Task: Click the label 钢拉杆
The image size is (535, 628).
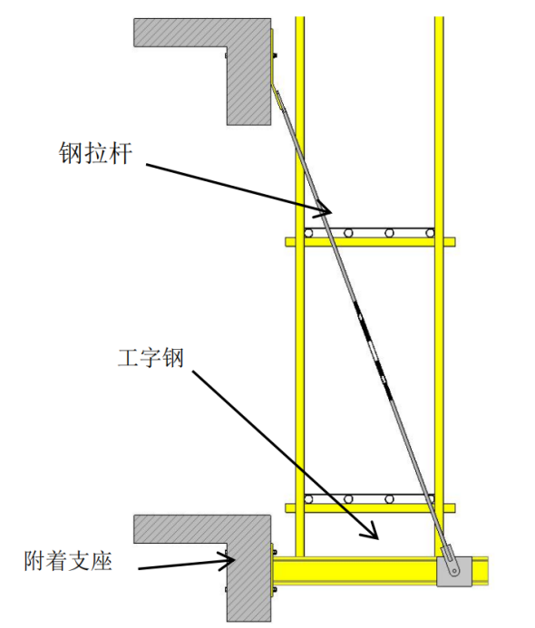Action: tap(95, 153)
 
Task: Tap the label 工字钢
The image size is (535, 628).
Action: tap(151, 358)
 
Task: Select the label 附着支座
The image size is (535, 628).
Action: tap(68, 561)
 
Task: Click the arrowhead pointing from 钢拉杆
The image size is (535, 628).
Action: tap(323, 208)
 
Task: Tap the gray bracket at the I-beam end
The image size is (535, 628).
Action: tap(454, 572)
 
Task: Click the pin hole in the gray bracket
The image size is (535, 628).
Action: tap(454, 571)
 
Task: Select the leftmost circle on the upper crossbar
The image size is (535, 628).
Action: tap(308, 233)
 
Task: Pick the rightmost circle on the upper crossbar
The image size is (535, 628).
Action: tap(430, 233)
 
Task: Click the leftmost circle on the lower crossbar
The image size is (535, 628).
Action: tap(308, 499)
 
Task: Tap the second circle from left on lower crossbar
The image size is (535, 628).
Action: tap(348, 499)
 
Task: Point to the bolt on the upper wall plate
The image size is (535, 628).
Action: tap(275, 55)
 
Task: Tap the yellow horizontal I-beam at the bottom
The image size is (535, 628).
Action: tap(380, 572)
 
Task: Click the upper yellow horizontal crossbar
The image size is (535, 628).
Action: tap(370, 242)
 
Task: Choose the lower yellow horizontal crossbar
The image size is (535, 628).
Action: tap(370, 508)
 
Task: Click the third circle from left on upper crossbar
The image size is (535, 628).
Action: tap(389, 233)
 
